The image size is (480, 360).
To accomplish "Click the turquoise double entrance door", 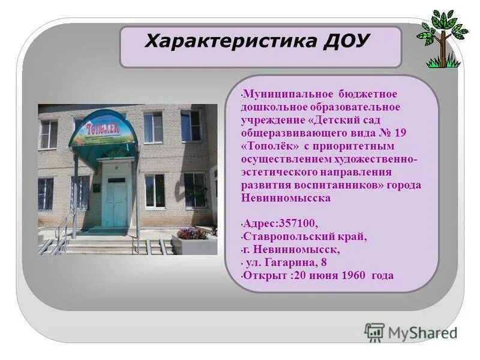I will coord(114,201).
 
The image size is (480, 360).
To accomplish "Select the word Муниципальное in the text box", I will coord(277,94).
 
